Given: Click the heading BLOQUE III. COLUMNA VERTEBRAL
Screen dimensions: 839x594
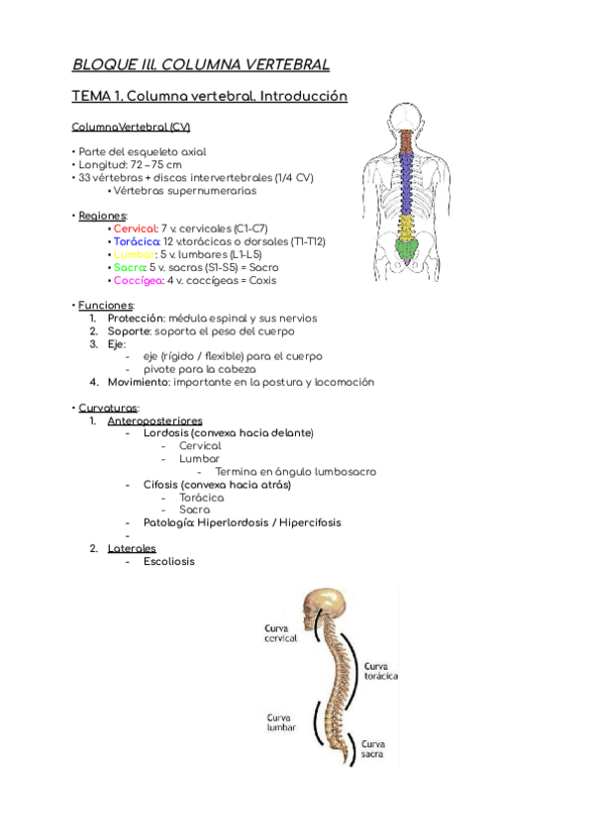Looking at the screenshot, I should [x=200, y=65].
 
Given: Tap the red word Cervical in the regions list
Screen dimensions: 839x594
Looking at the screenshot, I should [x=136, y=229].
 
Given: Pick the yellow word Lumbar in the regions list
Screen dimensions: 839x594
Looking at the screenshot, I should [x=134, y=254].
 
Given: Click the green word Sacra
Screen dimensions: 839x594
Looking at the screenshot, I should [x=129, y=267].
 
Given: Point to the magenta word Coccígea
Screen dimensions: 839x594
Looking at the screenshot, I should [x=137, y=280].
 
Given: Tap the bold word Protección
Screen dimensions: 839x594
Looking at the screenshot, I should [x=136, y=319].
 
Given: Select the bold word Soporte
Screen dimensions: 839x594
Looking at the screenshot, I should [x=129, y=331].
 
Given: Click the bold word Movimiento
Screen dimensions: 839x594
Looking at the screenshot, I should [x=142, y=382].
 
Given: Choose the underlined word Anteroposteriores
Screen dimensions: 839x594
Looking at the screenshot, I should [x=154, y=420].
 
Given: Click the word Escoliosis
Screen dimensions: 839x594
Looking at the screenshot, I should [x=168, y=561].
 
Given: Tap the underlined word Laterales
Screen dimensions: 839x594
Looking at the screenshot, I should [x=132, y=548].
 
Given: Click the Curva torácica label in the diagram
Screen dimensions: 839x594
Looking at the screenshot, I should [x=381, y=671].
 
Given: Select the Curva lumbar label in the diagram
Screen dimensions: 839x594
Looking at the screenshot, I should [x=280, y=723].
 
